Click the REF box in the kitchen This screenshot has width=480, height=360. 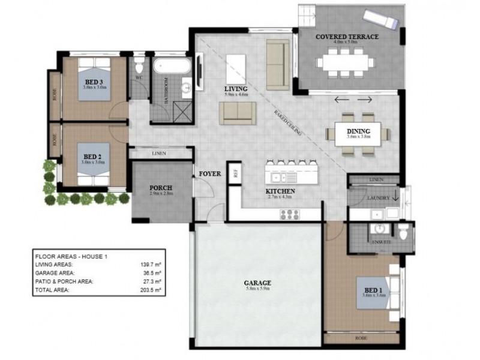click(x=235, y=173)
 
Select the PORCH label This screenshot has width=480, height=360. click(x=161, y=186)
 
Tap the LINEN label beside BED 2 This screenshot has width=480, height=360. click(x=159, y=154)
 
